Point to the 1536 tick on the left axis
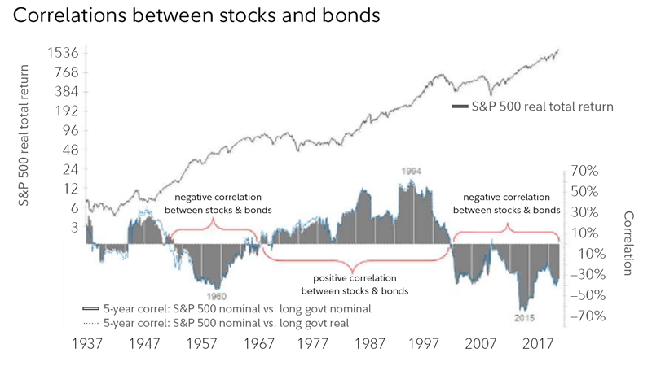click(60, 53)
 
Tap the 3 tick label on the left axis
click(73, 227)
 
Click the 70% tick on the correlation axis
click(585, 172)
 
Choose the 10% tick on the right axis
click(585, 233)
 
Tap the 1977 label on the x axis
click(313, 343)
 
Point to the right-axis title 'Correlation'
click(628, 243)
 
